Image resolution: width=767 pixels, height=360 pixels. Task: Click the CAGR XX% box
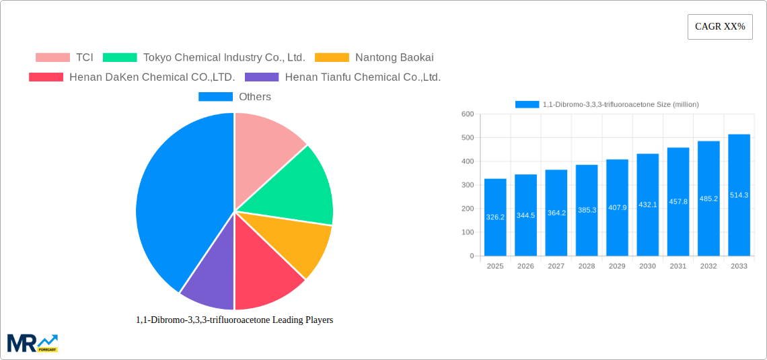[719, 27]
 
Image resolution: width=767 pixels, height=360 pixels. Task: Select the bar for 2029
[617, 208]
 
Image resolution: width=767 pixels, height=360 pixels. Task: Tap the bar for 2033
[739, 195]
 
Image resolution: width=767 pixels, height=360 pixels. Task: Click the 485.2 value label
[708, 199]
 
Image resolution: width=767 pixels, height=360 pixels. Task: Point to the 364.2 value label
[556, 213]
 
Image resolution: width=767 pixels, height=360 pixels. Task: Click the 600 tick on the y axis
[468, 114]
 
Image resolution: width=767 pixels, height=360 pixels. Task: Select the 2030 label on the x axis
[647, 266]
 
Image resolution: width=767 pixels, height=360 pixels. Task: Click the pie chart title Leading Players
[234, 320]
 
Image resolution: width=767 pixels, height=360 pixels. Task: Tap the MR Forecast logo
[32, 343]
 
